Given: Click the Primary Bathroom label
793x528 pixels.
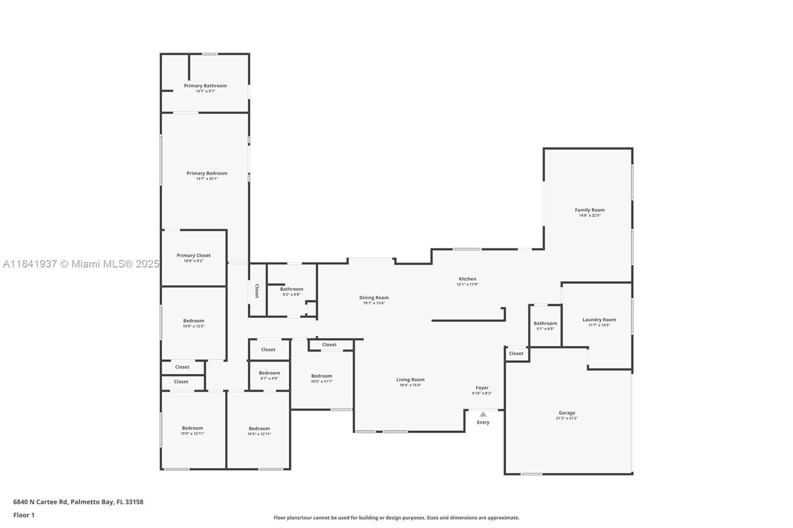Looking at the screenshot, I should point(205,86).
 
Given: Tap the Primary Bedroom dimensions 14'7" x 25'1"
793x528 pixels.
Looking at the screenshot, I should point(207,179).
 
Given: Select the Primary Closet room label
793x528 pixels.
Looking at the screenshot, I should point(193,256).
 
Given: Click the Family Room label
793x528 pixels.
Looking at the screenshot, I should point(589,210).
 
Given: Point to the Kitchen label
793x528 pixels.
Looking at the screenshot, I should point(467,279).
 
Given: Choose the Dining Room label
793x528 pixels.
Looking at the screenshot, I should point(374,298).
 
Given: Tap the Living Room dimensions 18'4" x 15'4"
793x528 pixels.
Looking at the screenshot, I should point(410,385).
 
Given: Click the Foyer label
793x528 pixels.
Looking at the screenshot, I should point(482,388).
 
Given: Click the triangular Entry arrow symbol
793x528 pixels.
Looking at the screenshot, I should point(483,414).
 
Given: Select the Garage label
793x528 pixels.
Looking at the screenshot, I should point(566,413).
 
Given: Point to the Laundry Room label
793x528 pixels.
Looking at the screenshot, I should point(599,319).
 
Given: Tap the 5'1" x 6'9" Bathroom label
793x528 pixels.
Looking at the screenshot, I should point(545,323).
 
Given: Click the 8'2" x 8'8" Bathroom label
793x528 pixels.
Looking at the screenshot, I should point(291,289).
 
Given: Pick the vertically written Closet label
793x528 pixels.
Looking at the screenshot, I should point(257,291).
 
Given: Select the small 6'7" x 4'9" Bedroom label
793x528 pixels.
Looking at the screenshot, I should point(269,373).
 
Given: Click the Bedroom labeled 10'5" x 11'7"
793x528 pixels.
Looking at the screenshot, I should point(322,376).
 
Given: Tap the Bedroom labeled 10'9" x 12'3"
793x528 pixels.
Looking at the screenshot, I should point(193,321).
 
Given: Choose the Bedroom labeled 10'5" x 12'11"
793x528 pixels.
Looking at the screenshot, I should point(259,428).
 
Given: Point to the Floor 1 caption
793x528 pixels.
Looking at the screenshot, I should point(24,515).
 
